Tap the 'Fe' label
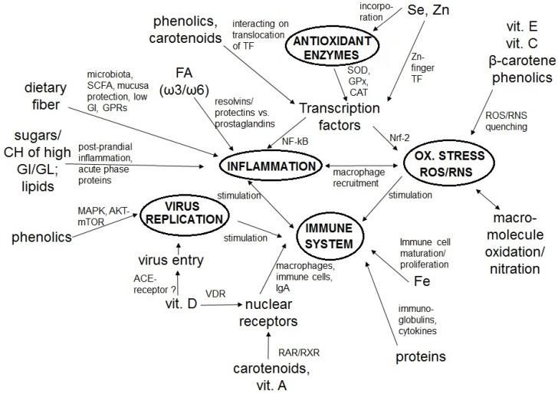pos(422,281)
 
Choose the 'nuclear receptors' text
pos(268,312)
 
